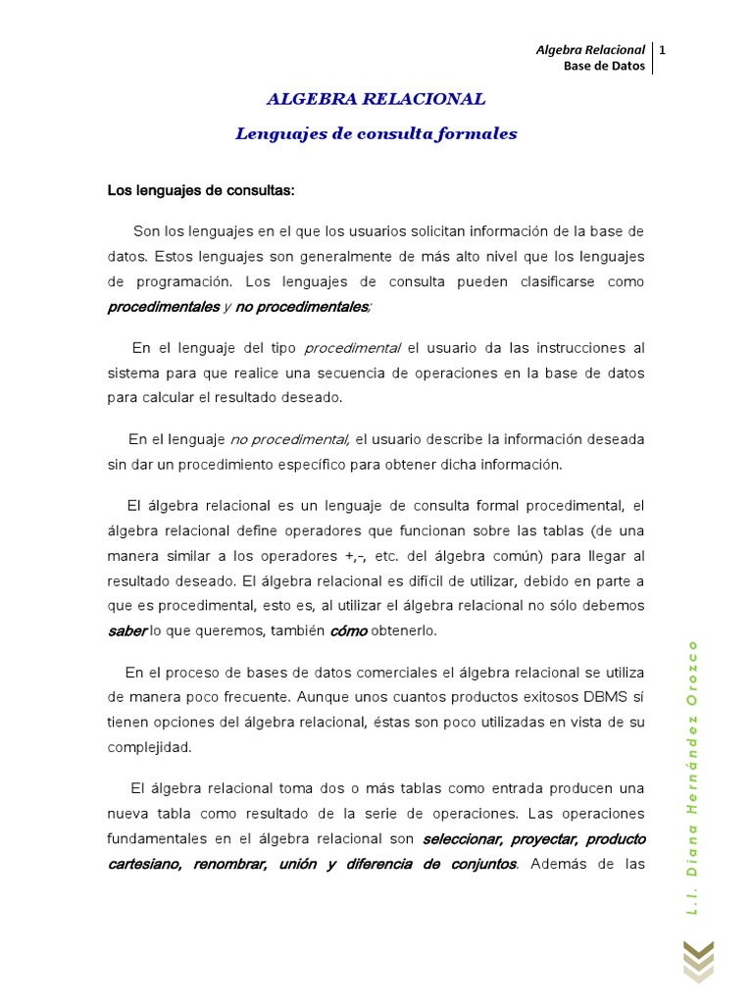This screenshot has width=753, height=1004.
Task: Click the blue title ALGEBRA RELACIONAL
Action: (376, 99)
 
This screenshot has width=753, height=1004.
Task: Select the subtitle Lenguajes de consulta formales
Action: (376, 133)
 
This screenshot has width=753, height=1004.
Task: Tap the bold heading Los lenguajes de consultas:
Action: (201, 189)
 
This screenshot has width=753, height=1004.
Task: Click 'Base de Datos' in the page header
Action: (604, 66)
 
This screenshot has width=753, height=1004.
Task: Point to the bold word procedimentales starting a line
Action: (163, 307)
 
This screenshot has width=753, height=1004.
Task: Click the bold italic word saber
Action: (126, 630)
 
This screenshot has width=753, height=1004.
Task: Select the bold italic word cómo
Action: (348, 630)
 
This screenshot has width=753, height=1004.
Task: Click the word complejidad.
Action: (149, 746)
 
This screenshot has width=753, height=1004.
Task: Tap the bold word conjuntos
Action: (478, 864)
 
